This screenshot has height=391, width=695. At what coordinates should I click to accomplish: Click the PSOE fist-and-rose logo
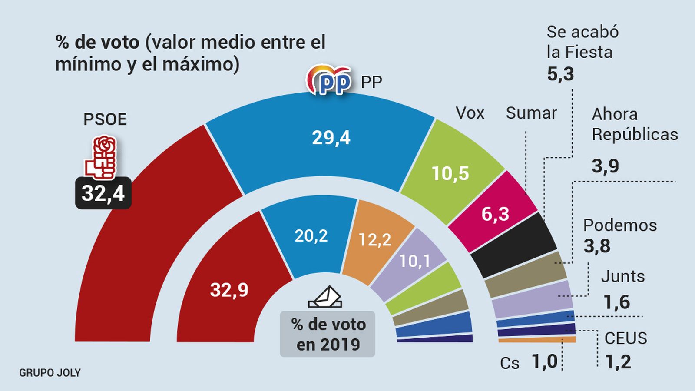(x=101, y=157)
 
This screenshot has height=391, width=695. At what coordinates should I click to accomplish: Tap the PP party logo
(x=329, y=80)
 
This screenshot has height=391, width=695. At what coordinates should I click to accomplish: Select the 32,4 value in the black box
(x=103, y=193)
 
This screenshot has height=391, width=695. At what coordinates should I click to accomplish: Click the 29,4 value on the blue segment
(x=331, y=138)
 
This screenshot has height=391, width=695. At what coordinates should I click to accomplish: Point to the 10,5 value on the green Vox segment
(x=450, y=173)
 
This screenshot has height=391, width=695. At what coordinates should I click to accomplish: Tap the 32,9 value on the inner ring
(x=229, y=290)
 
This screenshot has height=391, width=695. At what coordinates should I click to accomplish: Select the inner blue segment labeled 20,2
(x=311, y=236)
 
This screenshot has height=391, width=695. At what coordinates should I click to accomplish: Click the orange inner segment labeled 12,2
(x=374, y=239)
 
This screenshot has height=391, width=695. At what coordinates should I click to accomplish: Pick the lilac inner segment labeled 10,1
(x=414, y=261)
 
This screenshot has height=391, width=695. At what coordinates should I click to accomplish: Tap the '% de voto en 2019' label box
(x=328, y=334)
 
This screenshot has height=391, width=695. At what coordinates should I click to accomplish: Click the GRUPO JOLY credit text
(x=50, y=373)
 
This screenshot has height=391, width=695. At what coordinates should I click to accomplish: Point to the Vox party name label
(x=470, y=113)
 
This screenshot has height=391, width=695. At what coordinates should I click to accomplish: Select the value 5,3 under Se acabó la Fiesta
(x=560, y=74)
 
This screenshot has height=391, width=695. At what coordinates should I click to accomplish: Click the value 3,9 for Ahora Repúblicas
(x=605, y=166)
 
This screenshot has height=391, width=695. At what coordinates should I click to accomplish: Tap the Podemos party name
(x=620, y=225)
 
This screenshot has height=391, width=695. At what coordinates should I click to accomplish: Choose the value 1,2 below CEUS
(x=618, y=361)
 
